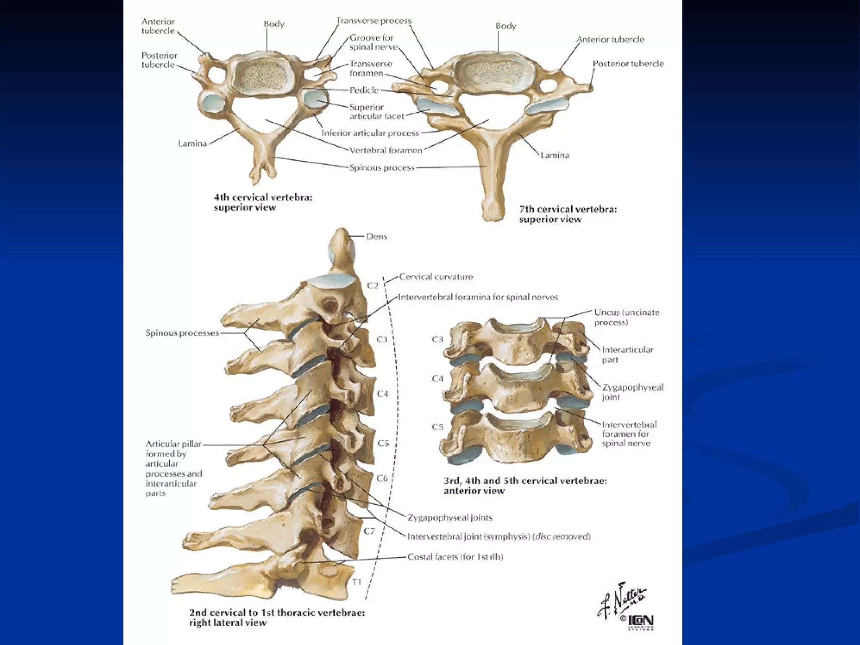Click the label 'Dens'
coord(376,236)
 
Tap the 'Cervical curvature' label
coord(436,277)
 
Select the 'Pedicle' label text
coord(364,90)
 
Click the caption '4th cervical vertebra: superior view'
coord(263,202)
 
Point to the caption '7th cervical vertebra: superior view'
coord(568,214)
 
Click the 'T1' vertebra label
coord(357,582)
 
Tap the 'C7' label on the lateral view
coord(369,531)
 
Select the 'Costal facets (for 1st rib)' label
coord(455,557)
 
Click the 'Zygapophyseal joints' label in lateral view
coord(450,517)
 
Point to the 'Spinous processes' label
coord(182,333)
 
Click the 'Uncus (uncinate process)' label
coord(621,317)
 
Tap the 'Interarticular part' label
coord(627,354)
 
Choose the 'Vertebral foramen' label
coord(386,150)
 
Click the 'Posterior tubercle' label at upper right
coord(628,64)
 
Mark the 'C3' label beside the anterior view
coord(438,339)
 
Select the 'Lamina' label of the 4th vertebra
coord(192,143)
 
